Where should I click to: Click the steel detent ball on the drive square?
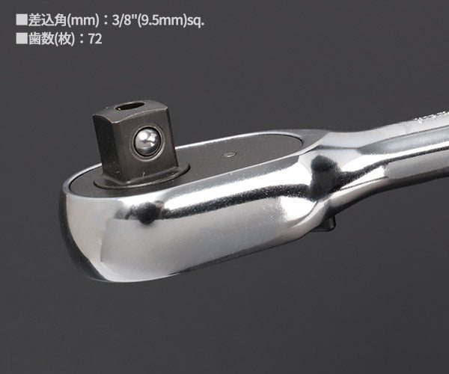pos(147,141)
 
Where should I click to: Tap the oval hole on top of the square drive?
pos(129,107)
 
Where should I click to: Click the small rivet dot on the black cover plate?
pos(230,155)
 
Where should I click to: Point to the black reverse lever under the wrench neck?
pos(330,224)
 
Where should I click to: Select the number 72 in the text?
pos(95,39)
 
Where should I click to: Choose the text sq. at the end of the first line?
pos(195,21)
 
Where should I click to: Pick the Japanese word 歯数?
pos(40,39)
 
